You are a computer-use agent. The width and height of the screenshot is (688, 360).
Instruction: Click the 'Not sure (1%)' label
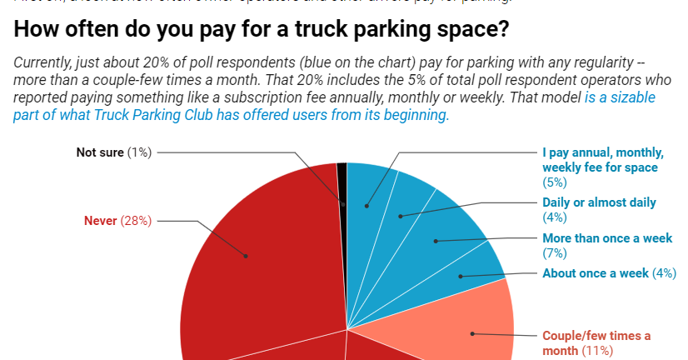pyautogui.click(x=113, y=152)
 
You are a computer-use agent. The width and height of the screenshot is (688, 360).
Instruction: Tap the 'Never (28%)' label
pyautogui.click(x=117, y=221)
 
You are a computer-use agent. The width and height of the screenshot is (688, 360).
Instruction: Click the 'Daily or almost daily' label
pyautogui.click(x=599, y=202)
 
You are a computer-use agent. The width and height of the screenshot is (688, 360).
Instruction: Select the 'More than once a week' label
pyautogui.click(x=606, y=238)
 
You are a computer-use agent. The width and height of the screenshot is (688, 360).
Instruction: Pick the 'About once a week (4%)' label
pyautogui.click(x=609, y=272)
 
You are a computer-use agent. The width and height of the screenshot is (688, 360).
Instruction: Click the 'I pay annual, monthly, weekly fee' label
pyautogui.click(x=602, y=160)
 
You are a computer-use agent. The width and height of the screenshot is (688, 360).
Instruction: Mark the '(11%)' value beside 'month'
pyautogui.click(x=597, y=349)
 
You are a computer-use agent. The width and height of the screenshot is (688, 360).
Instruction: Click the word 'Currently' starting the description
pyautogui.click(x=42, y=63)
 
